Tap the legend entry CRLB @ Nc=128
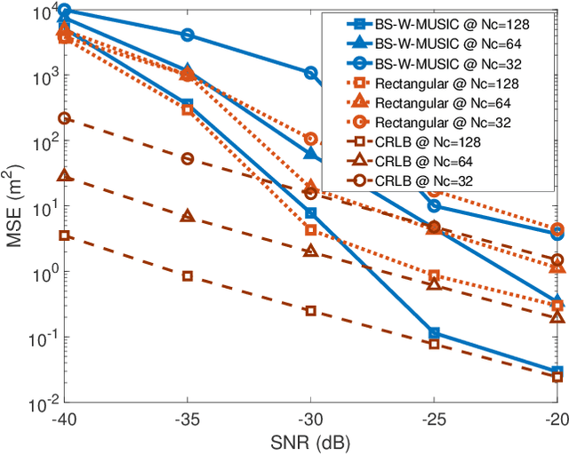[x=431, y=141]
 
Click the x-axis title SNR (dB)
[x=310, y=442]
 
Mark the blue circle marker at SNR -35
[x=188, y=35]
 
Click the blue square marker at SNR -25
[x=434, y=334]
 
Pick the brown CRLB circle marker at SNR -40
[x=64, y=118]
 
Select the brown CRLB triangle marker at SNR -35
[x=188, y=216]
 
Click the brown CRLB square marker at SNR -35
[x=188, y=275]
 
